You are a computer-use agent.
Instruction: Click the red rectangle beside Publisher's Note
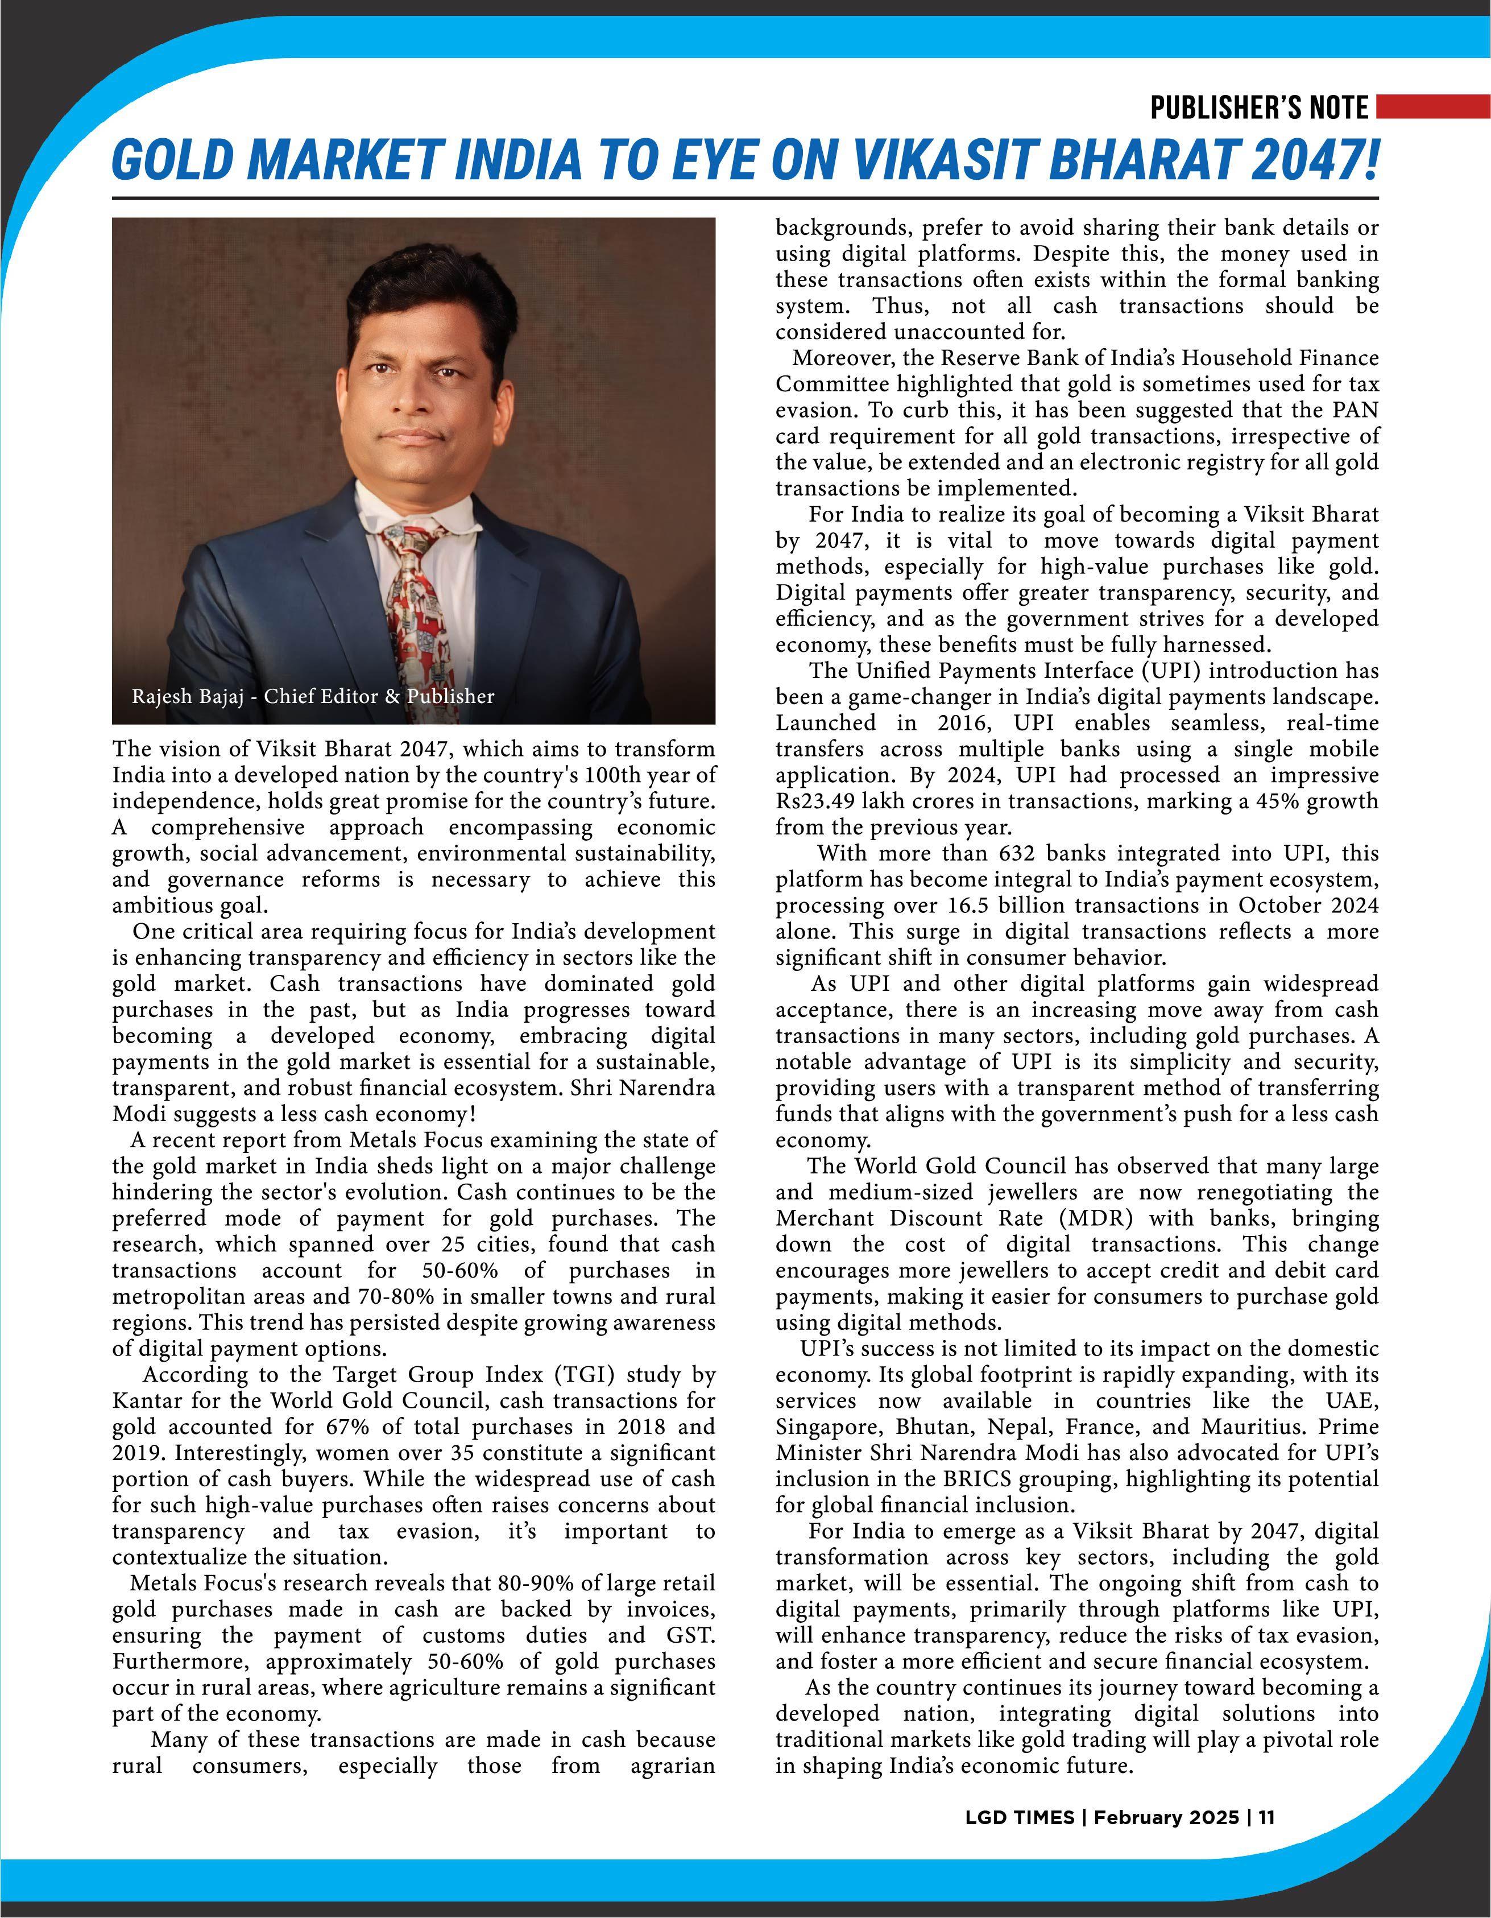[1432, 107]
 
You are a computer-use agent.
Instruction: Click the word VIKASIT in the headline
[949, 160]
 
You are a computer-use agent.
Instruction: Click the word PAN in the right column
[1356, 410]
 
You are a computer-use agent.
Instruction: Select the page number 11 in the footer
[1266, 1818]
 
